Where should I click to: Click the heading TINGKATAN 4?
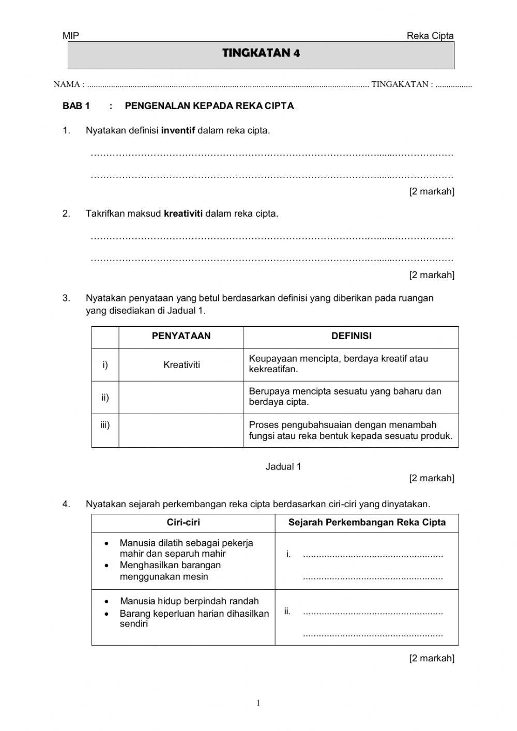[261, 53]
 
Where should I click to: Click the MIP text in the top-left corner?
[70, 36]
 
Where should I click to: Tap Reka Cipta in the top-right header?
[430, 36]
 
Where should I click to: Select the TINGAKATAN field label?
[400, 84]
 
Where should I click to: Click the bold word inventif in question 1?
[178, 130]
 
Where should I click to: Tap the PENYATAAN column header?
[181, 336]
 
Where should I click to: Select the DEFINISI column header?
[351, 336]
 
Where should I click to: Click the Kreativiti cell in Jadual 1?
[181, 365]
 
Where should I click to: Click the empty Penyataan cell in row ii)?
[181, 397]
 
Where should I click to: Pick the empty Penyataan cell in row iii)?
[181, 430]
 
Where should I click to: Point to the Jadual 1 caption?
[283, 466]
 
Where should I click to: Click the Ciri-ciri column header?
[183, 522]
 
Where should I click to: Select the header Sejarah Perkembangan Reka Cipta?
[367, 522]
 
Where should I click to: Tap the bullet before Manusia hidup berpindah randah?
[107, 602]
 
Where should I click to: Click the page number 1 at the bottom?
[258, 703]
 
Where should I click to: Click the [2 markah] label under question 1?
[432, 191]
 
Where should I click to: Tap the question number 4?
[66, 504]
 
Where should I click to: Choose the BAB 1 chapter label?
[76, 106]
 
